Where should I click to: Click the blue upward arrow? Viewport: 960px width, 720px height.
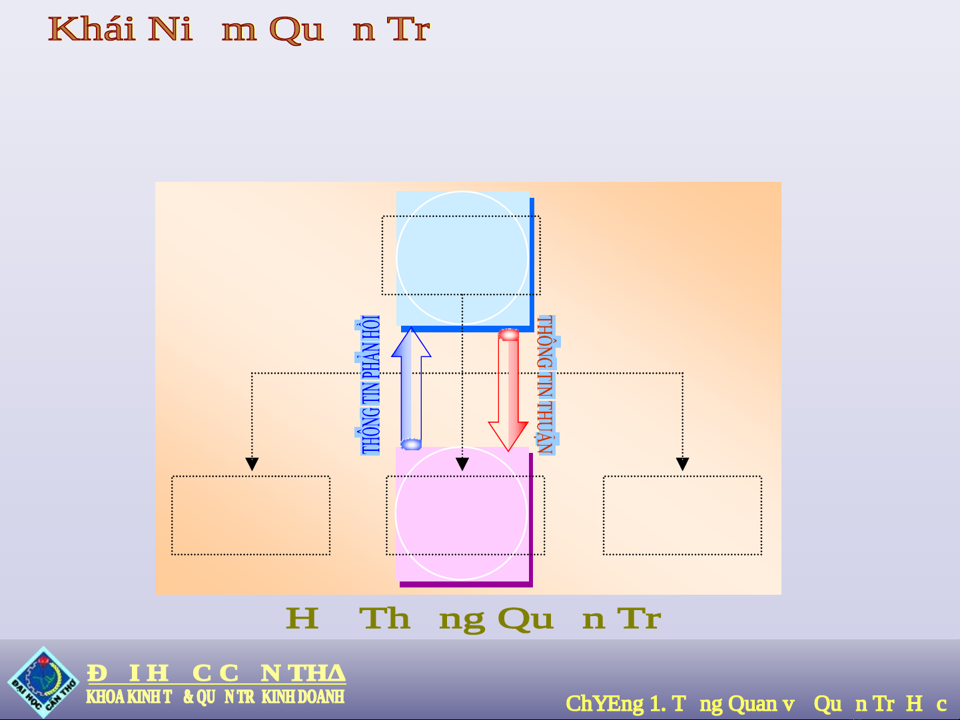tap(411, 386)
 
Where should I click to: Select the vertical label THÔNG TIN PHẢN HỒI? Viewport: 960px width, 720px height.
tap(370, 385)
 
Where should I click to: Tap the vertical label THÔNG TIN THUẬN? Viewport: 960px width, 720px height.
tap(546, 385)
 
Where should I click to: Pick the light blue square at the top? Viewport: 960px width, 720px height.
tap(462, 258)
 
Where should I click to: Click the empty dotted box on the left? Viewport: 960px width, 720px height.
tap(250, 515)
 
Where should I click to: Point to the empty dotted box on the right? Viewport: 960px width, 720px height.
tap(682, 515)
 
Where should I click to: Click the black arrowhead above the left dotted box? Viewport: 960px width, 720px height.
tap(252, 464)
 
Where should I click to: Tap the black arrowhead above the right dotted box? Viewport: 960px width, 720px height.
tap(682, 464)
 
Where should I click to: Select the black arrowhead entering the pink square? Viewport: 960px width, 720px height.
tap(462, 464)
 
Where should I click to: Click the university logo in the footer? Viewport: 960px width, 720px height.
tap(43, 681)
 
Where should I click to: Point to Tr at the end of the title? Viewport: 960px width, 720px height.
tap(408, 29)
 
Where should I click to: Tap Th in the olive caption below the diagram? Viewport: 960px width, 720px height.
tap(384, 619)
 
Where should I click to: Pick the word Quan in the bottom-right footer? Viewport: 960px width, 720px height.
tap(752, 703)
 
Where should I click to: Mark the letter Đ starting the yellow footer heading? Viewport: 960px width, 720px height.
tap(97, 673)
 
